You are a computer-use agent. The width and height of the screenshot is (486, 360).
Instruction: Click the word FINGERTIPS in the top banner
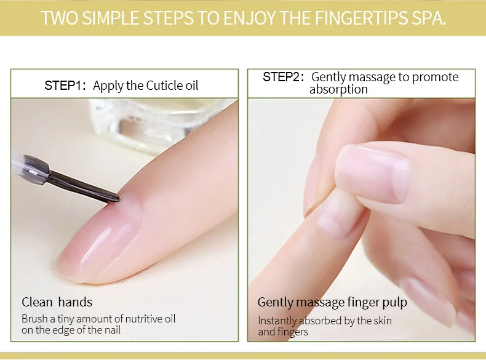pos(361,18)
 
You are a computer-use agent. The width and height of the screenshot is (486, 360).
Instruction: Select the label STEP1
pos(65,86)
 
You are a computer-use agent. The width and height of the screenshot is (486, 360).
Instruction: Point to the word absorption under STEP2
pos(338,89)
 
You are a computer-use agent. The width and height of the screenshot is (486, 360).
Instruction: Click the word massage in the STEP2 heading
pos(373,77)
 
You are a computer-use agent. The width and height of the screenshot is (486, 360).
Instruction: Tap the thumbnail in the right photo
pos(373,174)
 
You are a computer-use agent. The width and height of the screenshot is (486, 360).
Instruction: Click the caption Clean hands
pos(57,302)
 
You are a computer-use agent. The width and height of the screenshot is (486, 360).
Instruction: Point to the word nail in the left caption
pos(113,330)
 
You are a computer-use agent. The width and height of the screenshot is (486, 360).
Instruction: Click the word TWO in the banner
pos(59,18)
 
